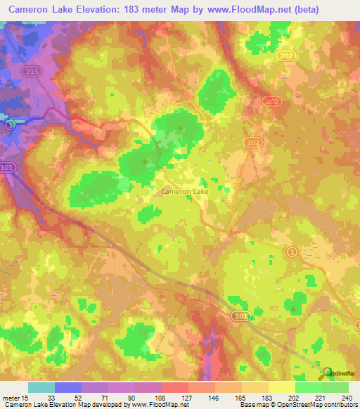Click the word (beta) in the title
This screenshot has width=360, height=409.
(305, 9)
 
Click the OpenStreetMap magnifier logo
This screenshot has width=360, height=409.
(326, 372)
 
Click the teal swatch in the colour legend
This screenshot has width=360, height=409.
(41, 387)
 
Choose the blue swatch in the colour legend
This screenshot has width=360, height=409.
(68, 387)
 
